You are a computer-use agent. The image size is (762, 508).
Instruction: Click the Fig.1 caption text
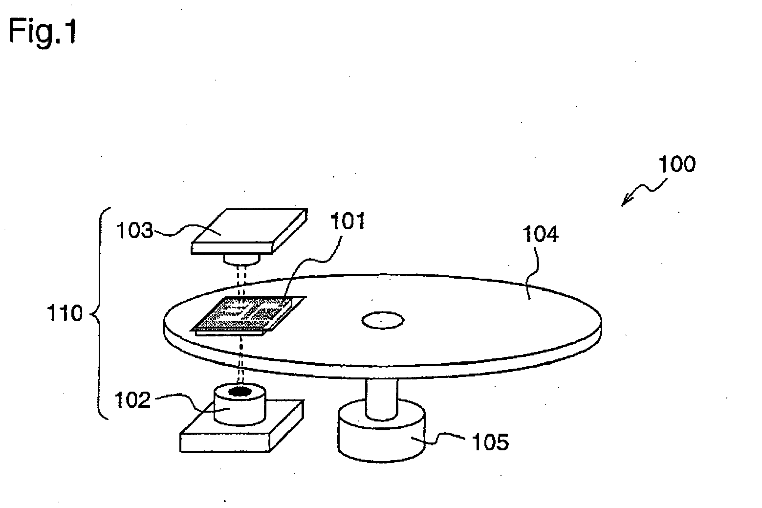tap(43, 33)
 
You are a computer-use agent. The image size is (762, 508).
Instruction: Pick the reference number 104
tap(540, 235)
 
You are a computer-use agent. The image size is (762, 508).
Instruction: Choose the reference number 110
tap(65, 313)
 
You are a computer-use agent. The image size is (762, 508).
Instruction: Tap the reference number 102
tap(132, 400)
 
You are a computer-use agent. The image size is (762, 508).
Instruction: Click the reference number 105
tap(490, 442)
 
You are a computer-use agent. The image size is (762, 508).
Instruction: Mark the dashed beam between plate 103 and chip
tap(240, 281)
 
